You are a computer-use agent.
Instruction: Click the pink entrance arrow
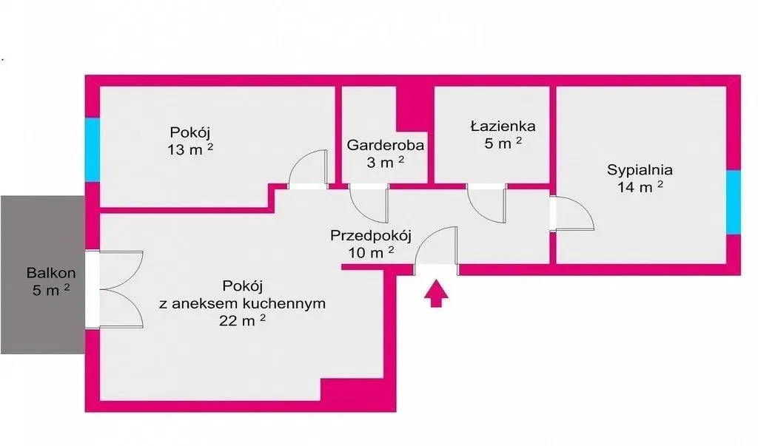pos(436,293)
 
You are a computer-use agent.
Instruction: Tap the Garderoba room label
pos(385,145)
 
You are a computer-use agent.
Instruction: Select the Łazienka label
pos(503,126)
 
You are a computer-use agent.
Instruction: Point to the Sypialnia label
pos(640,170)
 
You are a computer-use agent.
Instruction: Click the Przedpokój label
pos(371,236)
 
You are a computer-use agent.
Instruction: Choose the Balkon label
pos(51,273)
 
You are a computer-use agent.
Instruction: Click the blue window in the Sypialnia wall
pos(734,202)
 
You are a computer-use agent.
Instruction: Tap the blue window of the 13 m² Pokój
pos(93,150)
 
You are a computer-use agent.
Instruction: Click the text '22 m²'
pos(242,320)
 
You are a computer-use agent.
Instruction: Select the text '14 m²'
pos(640,186)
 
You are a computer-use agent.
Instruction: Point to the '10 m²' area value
pos(371,252)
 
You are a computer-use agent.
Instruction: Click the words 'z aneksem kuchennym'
pos(242,303)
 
